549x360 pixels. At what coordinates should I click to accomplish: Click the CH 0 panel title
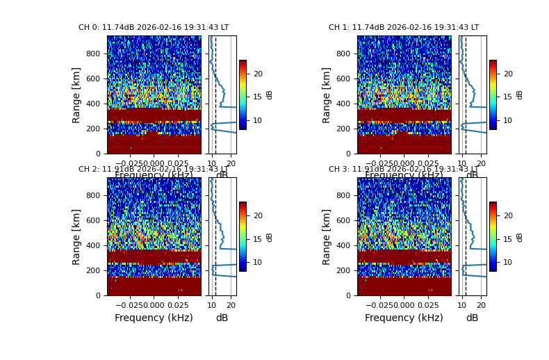point(153,28)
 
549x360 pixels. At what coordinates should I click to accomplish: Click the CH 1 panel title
point(403,28)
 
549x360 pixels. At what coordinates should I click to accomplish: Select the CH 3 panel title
point(403,170)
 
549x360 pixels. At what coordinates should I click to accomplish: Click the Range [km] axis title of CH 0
point(76,95)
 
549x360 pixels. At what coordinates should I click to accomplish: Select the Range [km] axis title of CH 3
point(327,236)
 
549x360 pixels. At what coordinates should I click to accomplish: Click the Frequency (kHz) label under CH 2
point(154,318)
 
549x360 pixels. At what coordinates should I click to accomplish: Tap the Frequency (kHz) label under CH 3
point(404,318)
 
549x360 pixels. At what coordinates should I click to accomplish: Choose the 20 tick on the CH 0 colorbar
point(257,74)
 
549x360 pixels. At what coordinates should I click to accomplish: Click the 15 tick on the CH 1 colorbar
point(507,97)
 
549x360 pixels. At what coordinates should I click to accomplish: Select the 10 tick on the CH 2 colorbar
point(257,262)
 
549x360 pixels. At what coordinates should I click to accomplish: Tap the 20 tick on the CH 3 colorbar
point(507,215)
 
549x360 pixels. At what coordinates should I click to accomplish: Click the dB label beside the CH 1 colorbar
point(520,95)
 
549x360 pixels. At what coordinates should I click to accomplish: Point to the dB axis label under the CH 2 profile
point(222,318)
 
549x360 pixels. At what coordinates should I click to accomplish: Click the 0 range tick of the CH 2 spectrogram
point(101,295)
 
